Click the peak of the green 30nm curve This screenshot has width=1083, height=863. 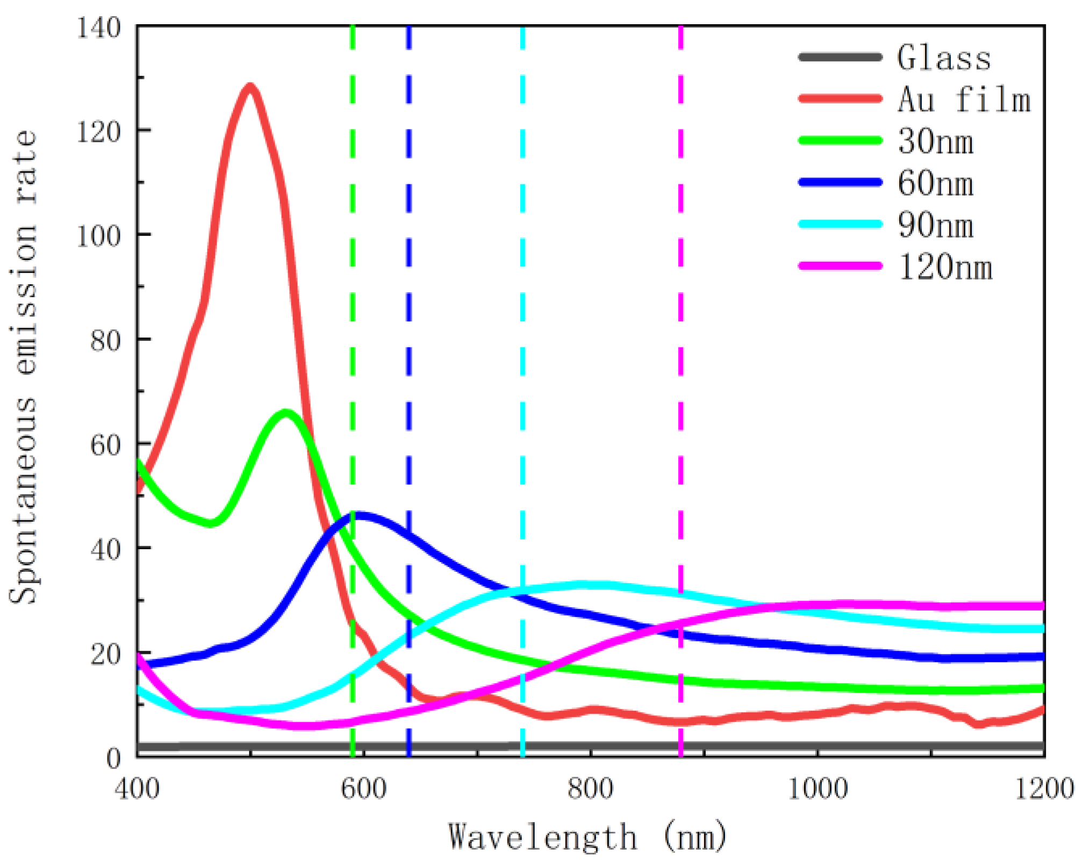point(286,413)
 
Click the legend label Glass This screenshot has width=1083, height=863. point(944,57)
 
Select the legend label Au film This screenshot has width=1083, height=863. point(964,99)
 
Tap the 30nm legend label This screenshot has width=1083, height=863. point(936,141)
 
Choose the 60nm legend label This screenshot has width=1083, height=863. point(936,183)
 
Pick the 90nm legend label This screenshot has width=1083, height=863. point(936,225)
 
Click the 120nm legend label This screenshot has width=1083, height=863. point(945,267)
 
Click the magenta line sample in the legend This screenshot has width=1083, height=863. point(840,265)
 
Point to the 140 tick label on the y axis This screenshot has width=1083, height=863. point(98,27)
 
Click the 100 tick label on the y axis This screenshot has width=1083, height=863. point(98,235)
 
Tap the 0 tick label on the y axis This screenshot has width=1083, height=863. point(113,758)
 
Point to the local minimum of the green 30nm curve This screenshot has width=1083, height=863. point(211,523)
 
